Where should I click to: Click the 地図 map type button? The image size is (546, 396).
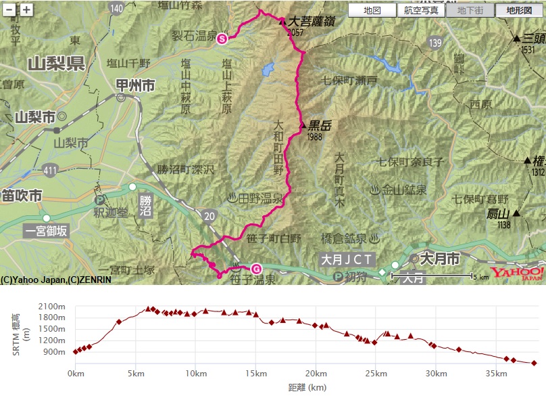click(372, 10)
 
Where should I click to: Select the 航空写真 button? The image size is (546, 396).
click(421, 10)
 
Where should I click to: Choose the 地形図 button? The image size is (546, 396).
click(518, 10)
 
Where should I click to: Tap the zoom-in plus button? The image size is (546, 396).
click(26, 9)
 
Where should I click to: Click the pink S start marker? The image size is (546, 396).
click(222, 39)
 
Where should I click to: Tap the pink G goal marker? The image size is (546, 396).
click(255, 269)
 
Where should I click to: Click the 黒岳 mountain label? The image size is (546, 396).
click(322, 125)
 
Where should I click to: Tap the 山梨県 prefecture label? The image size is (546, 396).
click(55, 64)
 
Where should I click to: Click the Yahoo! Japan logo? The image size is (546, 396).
click(517, 273)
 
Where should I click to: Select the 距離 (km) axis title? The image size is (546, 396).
click(307, 387)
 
